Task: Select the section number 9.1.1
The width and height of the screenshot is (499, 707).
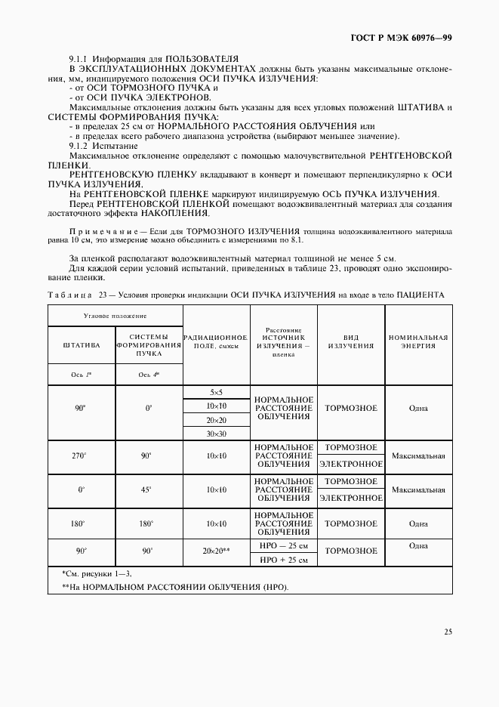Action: click(79, 57)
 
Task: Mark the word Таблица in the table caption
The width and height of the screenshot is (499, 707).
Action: click(69, 295)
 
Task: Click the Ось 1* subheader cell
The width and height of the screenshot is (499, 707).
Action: click(81, 375)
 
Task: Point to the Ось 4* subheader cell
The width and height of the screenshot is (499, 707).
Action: click(149, 375)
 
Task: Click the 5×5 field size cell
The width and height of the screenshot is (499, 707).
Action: click(216, 392)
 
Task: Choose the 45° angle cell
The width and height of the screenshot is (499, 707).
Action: click(149, 489)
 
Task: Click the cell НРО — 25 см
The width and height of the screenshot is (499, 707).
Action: click(284, 546)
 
